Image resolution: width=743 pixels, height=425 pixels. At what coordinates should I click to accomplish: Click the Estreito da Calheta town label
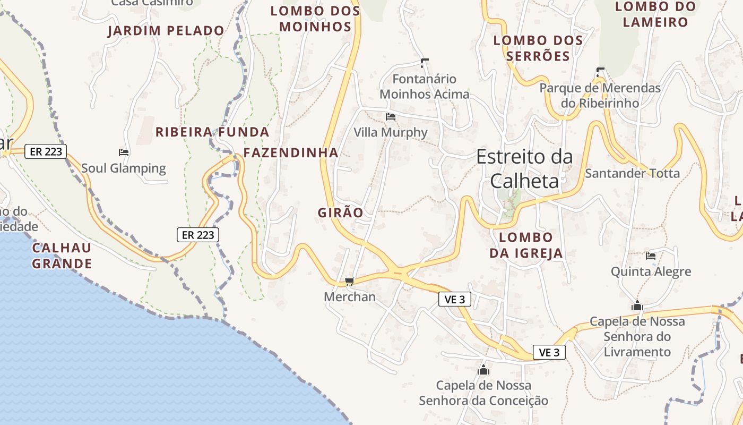click(524, 169)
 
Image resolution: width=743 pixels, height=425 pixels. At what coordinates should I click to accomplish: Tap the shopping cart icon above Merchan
click(349, 281)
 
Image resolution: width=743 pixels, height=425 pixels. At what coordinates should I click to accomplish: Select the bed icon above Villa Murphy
click(391, 117)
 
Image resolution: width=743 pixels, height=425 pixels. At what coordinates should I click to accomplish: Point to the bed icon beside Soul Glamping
click(124, 152)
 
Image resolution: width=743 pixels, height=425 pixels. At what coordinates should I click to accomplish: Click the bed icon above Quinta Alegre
click(651, 256)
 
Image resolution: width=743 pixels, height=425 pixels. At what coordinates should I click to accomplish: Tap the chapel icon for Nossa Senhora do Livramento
click(637, 306)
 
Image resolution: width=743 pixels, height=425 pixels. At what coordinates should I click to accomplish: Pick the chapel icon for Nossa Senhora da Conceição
click(483, 370)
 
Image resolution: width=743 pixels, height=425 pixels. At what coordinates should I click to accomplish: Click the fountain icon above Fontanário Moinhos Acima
click(424, 63)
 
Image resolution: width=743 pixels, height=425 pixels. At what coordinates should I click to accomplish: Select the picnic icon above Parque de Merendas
click(600, 72)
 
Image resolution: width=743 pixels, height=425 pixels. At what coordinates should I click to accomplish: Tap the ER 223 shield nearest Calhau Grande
click(198, 234)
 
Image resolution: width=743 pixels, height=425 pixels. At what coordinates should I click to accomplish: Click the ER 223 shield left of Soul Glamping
click(46, 151)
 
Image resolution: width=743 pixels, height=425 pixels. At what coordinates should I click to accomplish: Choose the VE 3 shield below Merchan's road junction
click(455, 299)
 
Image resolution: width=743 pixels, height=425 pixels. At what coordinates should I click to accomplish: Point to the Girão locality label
click(341, 213)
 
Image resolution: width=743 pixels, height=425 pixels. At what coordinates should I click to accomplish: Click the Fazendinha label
click(291, 153)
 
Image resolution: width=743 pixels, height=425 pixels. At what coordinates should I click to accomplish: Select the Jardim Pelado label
click(166, 31)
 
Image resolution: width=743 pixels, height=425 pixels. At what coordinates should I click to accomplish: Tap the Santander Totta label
click(632, 173)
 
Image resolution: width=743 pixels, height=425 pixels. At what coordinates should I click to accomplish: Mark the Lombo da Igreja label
click(526, 245)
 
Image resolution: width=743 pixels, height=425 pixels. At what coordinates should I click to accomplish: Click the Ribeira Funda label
click(212, 132)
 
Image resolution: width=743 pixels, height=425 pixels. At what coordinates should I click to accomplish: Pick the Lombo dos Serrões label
click(538, 48)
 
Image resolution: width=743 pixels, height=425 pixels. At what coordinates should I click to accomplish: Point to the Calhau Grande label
click(62, 256)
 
